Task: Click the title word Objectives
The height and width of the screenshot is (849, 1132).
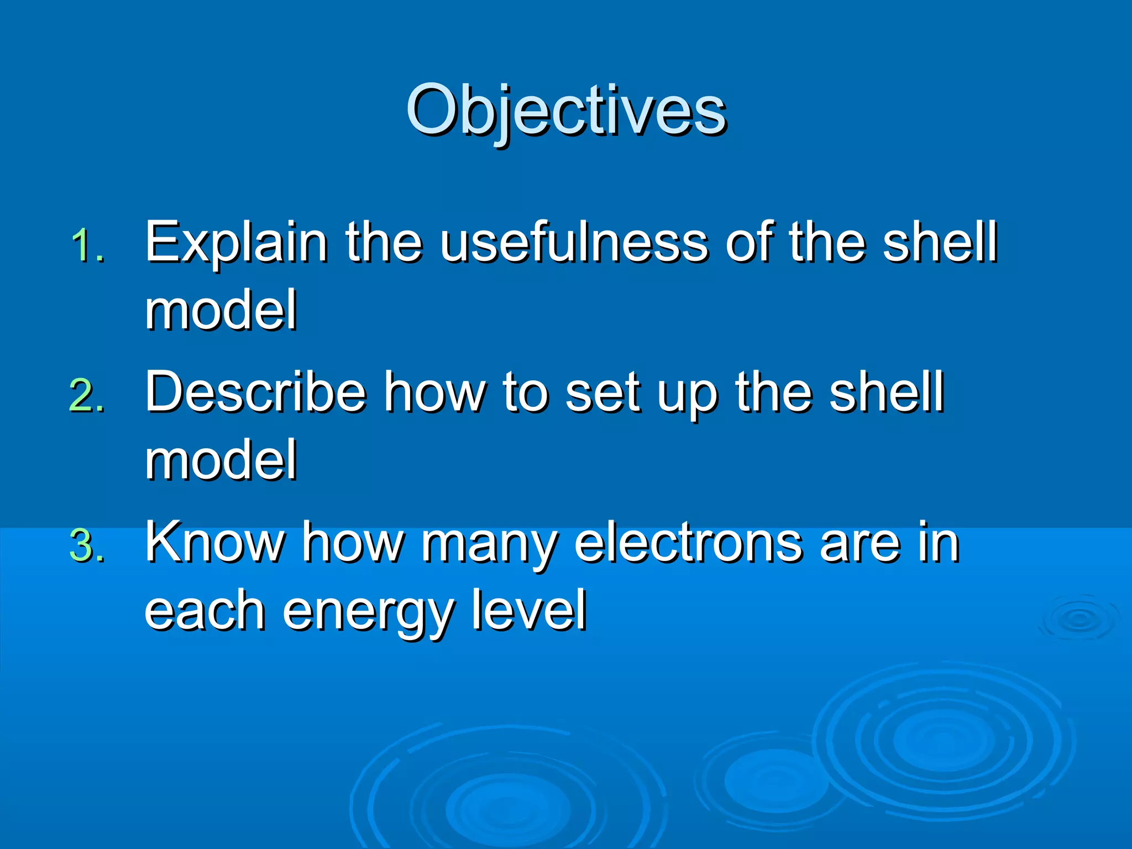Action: point(566,111)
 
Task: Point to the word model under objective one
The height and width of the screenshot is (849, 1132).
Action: point(221,311)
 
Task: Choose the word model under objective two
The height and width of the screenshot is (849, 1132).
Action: point(221,460)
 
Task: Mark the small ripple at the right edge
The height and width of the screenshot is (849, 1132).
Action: point(1078,619)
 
